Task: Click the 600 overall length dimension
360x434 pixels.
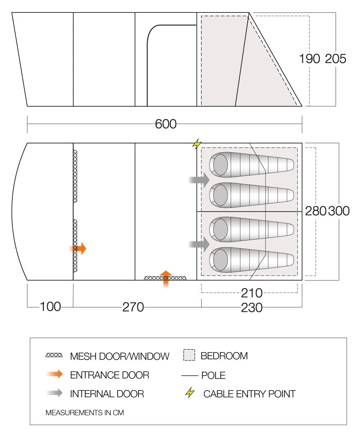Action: [166, 124]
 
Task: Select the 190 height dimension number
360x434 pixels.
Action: [310, 59]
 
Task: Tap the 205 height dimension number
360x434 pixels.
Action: [335, 59]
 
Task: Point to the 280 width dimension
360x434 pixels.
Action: [316, 211]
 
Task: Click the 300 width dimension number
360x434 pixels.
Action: [339, 211]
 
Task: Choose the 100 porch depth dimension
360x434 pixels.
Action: [50, 307]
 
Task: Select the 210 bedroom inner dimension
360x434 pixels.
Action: [252, 293]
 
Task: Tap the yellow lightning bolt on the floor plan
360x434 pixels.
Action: [196, 144]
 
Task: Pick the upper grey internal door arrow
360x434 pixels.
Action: [200, 180]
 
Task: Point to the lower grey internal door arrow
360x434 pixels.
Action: [200, 243]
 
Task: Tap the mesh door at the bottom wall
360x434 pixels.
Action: [165, 278]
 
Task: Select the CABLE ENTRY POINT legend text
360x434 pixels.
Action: [249, 394]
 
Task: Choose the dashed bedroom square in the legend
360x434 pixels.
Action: [189, 355]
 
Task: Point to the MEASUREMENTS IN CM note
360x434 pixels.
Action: [85, 412]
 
